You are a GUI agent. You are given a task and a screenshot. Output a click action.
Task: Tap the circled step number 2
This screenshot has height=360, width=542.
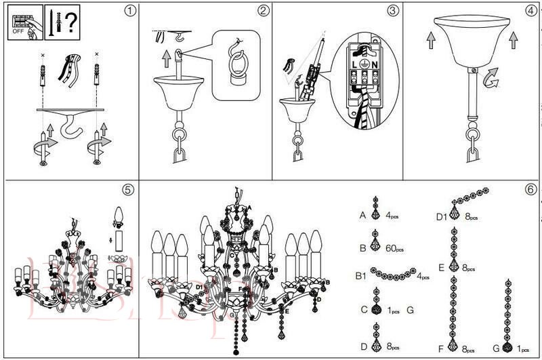pos(264,11)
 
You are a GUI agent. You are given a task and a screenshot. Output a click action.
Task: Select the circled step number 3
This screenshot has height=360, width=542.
pos(394,11)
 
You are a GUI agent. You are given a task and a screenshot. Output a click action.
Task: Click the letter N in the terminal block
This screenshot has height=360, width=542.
pos(375,64)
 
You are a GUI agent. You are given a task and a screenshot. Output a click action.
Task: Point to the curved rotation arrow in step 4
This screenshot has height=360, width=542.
pos(492,83)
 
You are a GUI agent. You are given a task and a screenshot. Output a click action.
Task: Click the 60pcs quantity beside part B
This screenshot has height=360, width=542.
pos(394,249)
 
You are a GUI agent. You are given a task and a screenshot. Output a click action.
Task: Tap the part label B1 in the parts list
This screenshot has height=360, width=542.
pos(362,276)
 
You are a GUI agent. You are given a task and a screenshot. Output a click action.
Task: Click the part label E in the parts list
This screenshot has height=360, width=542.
pos(441,268)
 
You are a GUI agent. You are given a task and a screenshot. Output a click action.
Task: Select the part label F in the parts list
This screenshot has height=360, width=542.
pos(441,350)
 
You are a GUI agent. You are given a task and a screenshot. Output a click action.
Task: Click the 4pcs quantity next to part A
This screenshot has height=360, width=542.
pos(392,216)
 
